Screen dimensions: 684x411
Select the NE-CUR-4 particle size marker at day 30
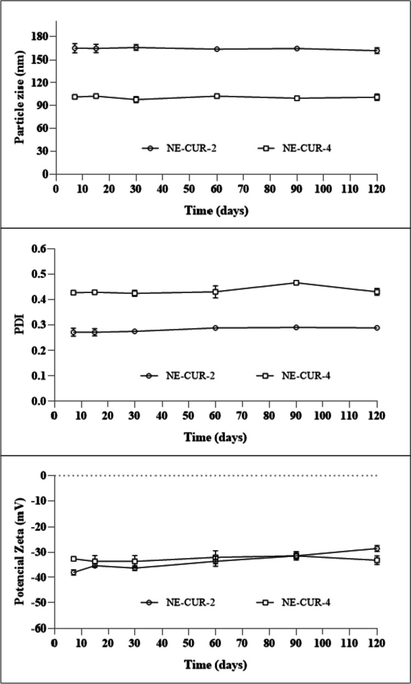[x=136, y=100]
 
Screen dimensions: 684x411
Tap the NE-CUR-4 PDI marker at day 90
[x=297, y=283]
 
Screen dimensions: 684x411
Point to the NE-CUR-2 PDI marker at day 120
[x=377, y=328]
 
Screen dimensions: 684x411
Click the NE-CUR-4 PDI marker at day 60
[x=216, y=291]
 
